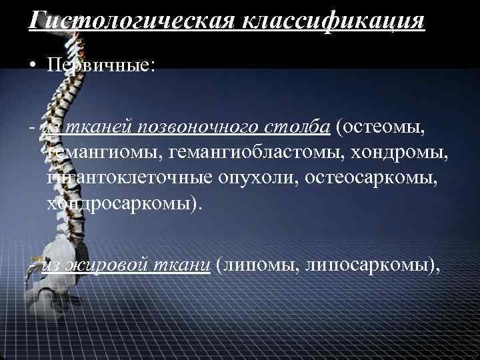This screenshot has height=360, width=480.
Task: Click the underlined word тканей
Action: tap(91, 127)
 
